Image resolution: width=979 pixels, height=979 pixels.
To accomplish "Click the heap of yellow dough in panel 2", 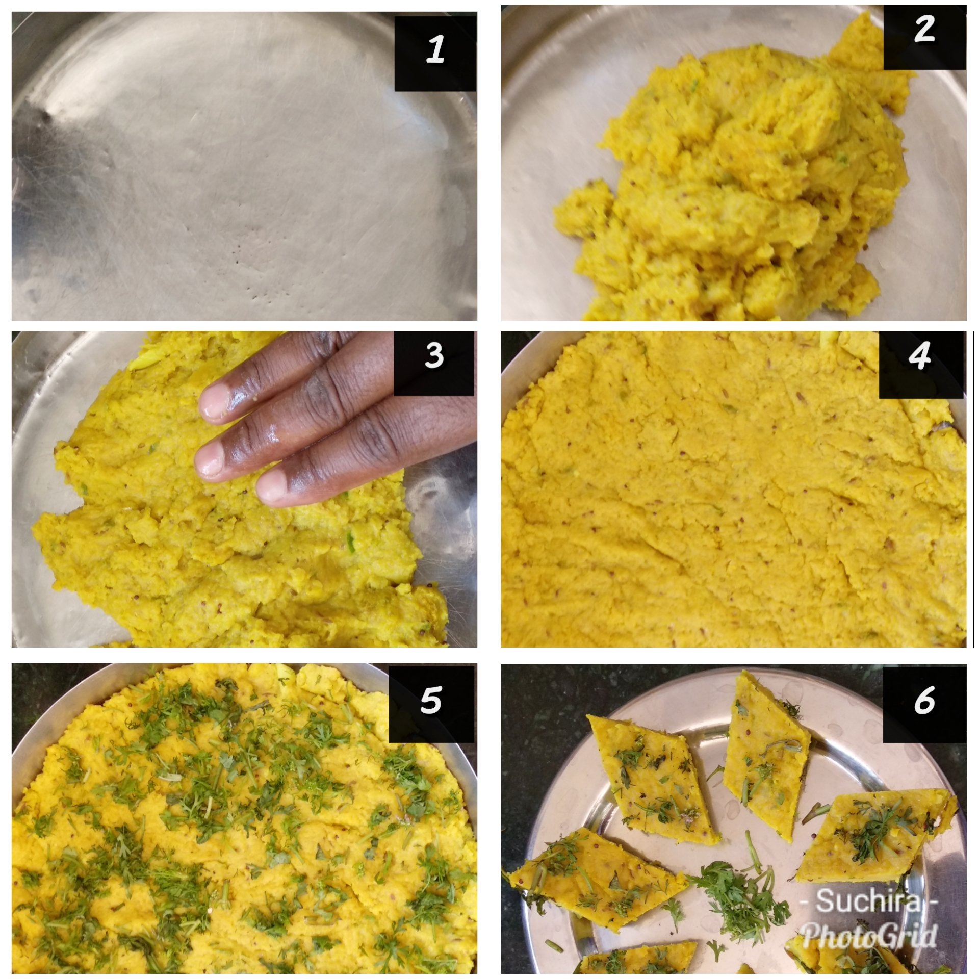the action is (724, 178).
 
